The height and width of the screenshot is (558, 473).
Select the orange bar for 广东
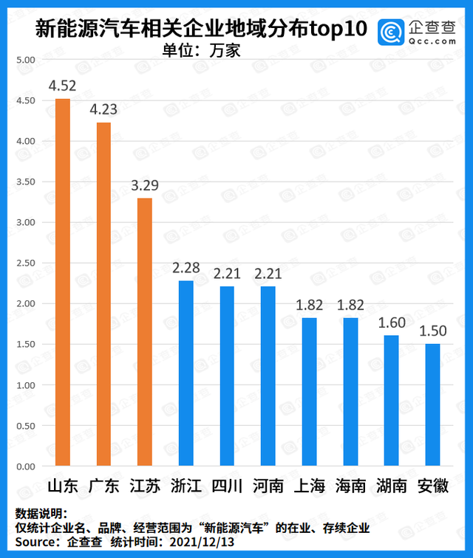coord(103,294)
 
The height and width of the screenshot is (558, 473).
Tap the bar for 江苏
coord(144,332)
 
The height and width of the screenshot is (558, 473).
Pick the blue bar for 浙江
coord(186,373)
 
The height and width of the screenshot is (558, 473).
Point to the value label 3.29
coord(144,185)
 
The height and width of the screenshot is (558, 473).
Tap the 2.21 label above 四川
coord(226,274)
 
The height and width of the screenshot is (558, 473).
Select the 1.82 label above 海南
coord(350,306)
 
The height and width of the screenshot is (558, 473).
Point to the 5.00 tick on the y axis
coord(25,60)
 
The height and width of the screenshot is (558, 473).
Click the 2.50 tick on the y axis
coord(25,263)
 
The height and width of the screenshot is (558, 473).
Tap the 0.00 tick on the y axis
coord(25,466)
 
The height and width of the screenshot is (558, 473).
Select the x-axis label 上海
coord(309,487)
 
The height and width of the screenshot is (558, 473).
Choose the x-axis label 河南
coord(268,487)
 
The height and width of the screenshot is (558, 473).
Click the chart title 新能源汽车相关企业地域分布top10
coord(202,31)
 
